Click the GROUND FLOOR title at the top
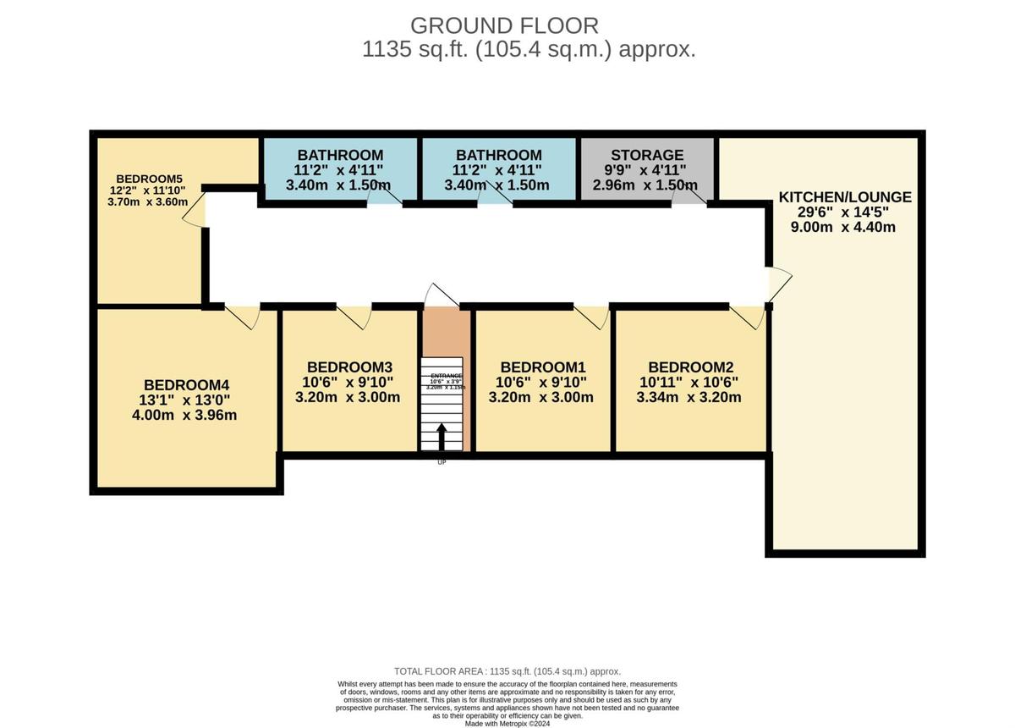click(504, 25)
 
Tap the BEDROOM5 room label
click(150, 179)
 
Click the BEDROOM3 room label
click(349, 367)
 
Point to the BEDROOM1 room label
click(542, 367)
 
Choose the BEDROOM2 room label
click(690, 367)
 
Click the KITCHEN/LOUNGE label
click(845, 197)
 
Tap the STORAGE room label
click(647, 155)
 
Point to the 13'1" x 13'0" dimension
click(186, 400)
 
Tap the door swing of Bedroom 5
click(194, 210)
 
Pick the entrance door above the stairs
click(440, 295)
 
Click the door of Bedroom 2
click(748, 316)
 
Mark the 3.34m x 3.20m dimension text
click(690, 397)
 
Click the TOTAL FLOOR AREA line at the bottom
click(507, 671)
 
